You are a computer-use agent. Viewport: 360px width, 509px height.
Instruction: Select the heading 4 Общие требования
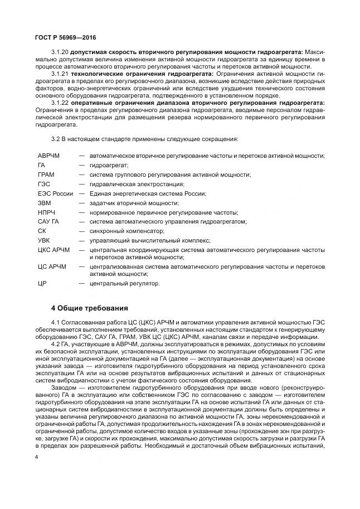click(x=90, y=307)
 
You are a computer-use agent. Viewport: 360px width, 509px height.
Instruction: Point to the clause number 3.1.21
click(x=60, y=74)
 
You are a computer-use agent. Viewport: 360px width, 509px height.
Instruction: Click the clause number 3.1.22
click(x=60, y=103)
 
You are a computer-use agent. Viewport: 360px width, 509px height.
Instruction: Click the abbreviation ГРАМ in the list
click(x=46, y=174)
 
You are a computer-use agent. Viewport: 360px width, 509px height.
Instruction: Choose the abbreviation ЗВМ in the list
click(x=44, y=203)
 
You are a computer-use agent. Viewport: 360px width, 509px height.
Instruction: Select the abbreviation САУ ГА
click(x=48, y=221)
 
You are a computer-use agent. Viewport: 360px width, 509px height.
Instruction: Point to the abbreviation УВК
click(x=44, y=240)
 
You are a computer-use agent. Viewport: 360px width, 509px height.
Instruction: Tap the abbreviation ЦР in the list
click(x=42, y=284)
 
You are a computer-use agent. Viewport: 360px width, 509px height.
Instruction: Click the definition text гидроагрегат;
click(x=109, y=165)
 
